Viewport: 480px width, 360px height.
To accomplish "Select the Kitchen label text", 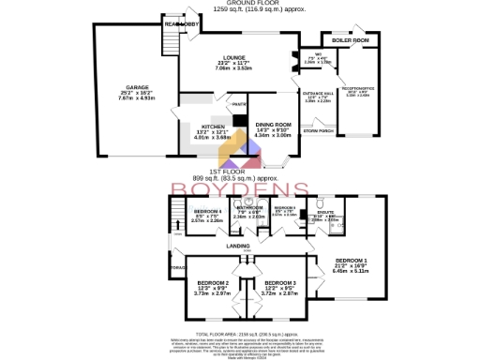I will [x=212, y=126].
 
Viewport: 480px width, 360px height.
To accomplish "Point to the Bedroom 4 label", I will [x=206, y=212].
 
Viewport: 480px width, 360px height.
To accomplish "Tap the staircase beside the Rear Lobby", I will [x=170, y=39].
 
